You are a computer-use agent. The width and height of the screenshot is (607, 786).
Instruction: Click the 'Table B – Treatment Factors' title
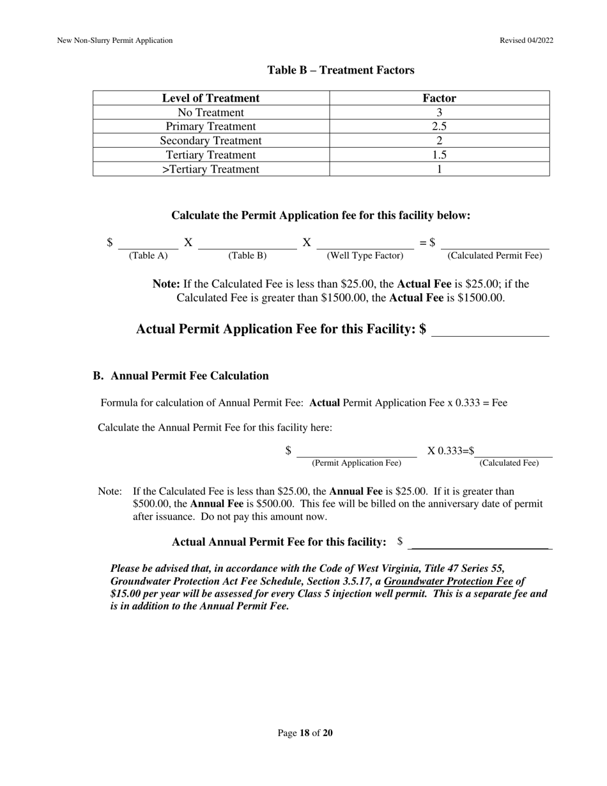pyautogui.click(x=341, y=70)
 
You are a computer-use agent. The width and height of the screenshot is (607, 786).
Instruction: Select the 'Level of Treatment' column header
pyautogui.click(x=211, y=98)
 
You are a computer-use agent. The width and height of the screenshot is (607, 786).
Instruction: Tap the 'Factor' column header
pyautogui.click(x=439, y=98)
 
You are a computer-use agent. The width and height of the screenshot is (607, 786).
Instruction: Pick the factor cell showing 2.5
pyautogui.click(x=439, y=127)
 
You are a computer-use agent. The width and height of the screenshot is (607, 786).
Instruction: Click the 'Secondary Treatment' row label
pyautogui.click(x=211, y=141)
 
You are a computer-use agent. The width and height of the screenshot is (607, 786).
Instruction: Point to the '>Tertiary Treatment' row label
pyautogui.click(x=211, y=169)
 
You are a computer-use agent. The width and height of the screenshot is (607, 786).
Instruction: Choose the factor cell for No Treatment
pyautogui.click(x=439, y=112)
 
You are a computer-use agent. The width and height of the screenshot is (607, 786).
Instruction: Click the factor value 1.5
pyautogui.click(x=439, y=155)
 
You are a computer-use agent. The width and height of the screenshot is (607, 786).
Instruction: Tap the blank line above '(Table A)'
pyautogui.click(x=148, y=244)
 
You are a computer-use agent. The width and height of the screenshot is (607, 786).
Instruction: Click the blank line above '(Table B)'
pyautogui.click(x=247, y=244)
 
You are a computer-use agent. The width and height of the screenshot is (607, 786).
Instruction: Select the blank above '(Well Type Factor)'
pyautogui.click(x=365, y=244)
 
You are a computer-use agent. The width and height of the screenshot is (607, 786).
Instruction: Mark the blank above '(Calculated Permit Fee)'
pyautogui.click(x=495, y=244)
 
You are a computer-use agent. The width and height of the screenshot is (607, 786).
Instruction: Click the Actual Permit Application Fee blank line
pyautogui.click(x=490, y=331)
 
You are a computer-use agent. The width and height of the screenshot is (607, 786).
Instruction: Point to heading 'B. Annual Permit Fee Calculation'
pyautogui.click(x=181, y=376)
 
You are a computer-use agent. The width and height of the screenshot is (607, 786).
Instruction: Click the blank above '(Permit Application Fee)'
pyautogui.click(x=357, y=452)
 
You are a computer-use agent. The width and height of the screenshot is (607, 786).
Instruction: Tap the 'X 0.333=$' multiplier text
pyautogui.click(x=451, y=451)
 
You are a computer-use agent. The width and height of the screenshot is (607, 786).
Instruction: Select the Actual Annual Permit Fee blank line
pyautogui.click(x=480, y=544)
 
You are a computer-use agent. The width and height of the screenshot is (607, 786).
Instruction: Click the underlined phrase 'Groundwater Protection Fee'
pyautogui.click(x=448, y=582)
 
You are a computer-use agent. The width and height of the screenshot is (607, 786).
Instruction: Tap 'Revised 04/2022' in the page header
pyautogui.click(x=526, y=40)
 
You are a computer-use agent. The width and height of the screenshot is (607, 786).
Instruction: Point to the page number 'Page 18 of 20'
pyautogui.click(x=305, y=733)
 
